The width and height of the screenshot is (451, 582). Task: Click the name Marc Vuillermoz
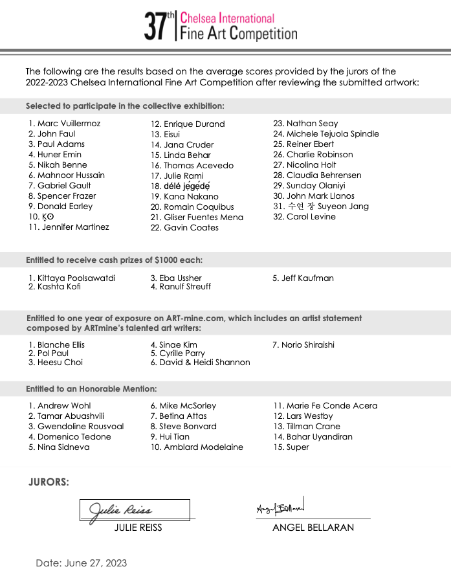coord(69,123)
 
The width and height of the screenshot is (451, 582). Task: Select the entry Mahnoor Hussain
coord(71,175)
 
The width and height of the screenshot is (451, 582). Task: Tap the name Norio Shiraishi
coord(307,344)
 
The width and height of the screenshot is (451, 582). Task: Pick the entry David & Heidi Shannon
coord(204,363)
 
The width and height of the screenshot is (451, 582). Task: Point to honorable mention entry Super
coord(298,447)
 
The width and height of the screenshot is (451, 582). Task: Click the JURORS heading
coord(49,482)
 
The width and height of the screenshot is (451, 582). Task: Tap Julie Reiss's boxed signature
coord(135,509)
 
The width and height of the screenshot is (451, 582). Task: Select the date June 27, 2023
coord(81,563)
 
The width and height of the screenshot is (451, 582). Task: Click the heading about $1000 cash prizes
coord(114,260)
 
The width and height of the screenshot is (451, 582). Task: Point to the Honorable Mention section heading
coord(91,388)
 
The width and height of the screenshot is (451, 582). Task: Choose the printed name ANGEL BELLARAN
coord(313,527)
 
